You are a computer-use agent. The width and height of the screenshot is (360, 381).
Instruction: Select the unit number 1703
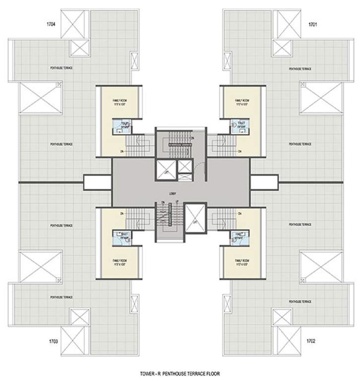tap(54, 342)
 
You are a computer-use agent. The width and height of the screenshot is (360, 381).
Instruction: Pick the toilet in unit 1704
tap(120, 127)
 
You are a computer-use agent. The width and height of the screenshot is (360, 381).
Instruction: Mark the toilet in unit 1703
tap(120, 237)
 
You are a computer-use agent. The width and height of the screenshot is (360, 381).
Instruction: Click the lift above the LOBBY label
tap(165, 170)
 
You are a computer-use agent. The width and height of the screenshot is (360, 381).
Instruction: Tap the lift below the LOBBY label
tap(195, 216)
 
